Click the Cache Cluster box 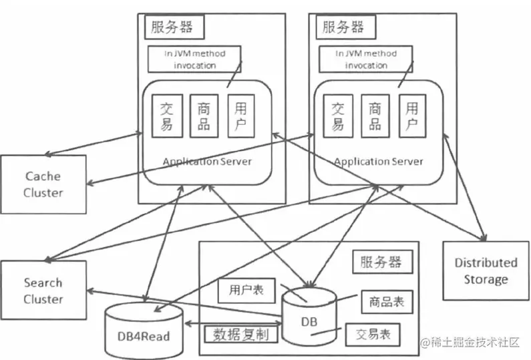tap(43, 184)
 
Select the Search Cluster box tap(43, 291)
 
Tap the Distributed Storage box tap(486, 271)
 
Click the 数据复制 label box tap(236, 334)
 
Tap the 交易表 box tap(373, 333)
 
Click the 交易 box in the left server tap(166, 116)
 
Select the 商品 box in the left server tap(204, 116)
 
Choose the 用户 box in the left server tap(240, 116)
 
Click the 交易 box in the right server tap(338, 116)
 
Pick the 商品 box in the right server tap(375, 116)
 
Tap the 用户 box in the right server tap(412, 116)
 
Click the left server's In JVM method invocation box tap(194, 59)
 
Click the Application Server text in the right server tap(378, 162)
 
